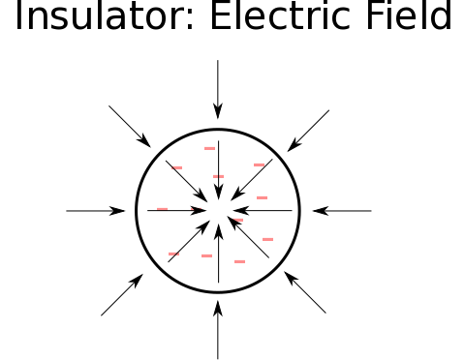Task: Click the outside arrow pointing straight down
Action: (x=218, y=89)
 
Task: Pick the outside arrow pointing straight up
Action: (x=218, y=330)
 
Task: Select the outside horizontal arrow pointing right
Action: (x=96, y=211)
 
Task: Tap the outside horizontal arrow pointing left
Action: (x=342, y=211)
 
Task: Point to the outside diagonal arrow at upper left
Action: (x=130, y=127)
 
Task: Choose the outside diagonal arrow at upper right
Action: (x=308, y=131)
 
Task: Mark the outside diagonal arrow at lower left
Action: (x=122, y=294)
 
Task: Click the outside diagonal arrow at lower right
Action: (x=305, y=292)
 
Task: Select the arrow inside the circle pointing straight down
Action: (x=219, y=170)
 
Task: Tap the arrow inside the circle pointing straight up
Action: (x=219, y=254)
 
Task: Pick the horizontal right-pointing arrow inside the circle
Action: (x=177, y=211)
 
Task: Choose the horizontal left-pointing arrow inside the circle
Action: (x=263, y=211)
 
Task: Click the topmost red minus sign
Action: (x=209, y=148)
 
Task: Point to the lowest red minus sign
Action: (x=239, y=261)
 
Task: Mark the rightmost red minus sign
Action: (x=268, y=239)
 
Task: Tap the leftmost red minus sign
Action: (x=162, y=209)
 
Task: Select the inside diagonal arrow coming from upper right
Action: (x=252, y=180)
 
